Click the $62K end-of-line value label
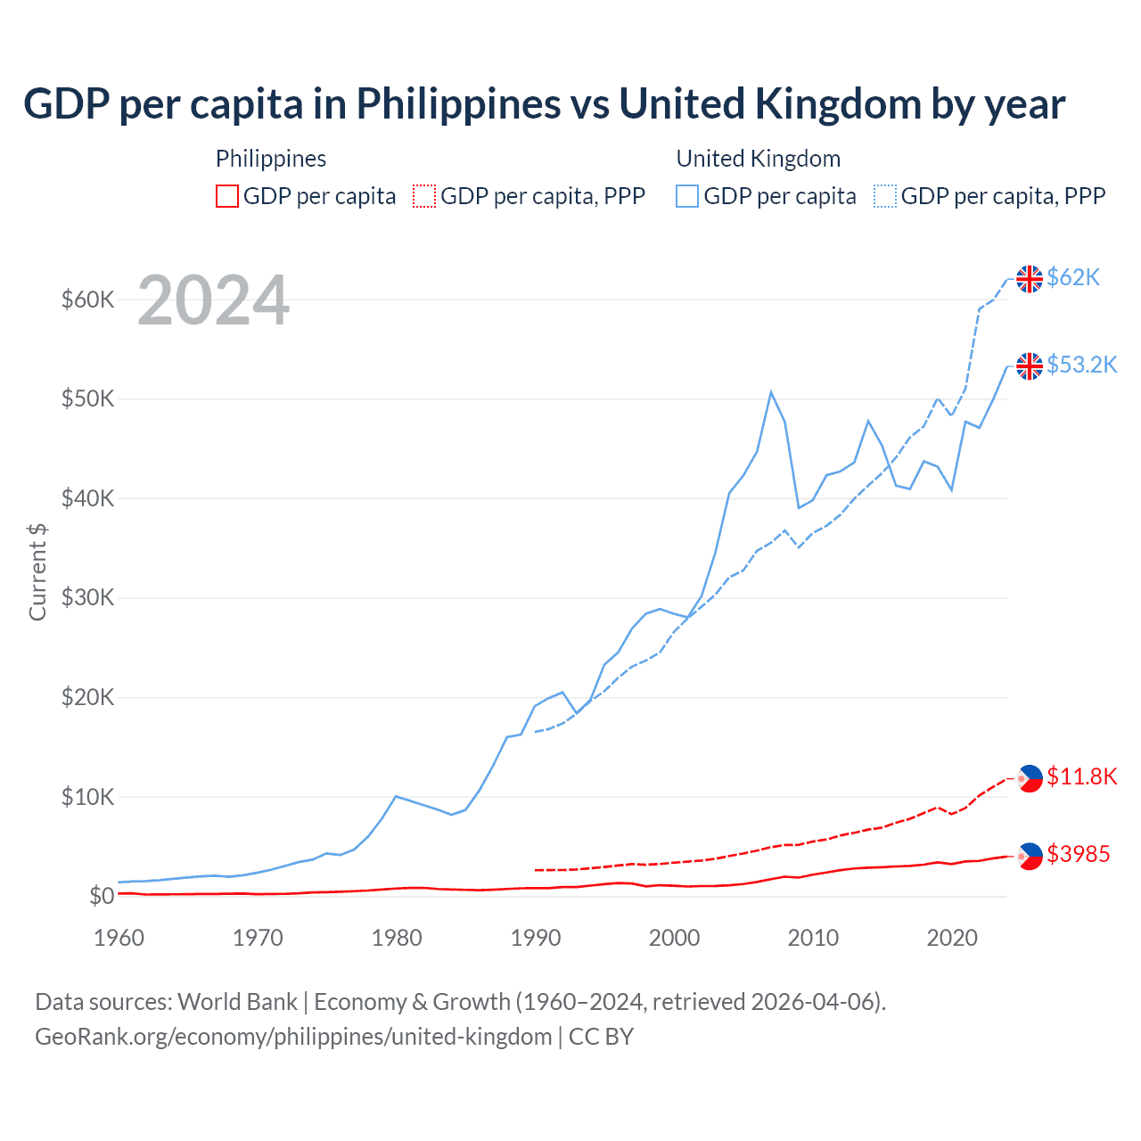point(1073,278)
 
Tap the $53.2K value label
point(1081,365)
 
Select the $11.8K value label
point(1081,777)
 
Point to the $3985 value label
point(1078,855)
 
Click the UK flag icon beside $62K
point(1030,279)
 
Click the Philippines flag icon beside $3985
point(1030,856)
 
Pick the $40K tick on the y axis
point(87,498)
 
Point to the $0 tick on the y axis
point(102,896)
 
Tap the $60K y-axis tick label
point(87,300)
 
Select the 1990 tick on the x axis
point(536,938)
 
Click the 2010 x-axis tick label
point(813,938)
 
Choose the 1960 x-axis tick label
point(119,938)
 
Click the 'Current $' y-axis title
point(37,571)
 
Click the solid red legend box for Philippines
point(227,196)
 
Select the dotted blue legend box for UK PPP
point(885,196)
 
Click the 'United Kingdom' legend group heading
point(758,159)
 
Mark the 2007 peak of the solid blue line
point(771,391)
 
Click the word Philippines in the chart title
point(458,104)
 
